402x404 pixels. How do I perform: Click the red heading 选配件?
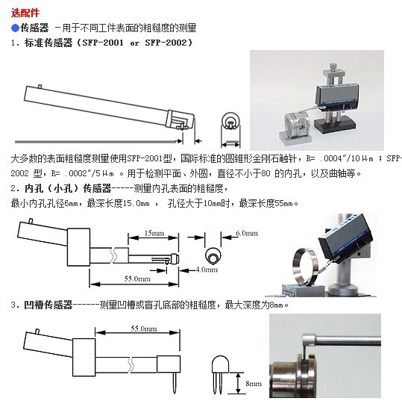click(x=25, y=13)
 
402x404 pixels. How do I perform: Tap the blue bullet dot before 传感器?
click(x=16, y=28)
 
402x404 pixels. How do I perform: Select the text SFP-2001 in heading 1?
click(x=103, y=43)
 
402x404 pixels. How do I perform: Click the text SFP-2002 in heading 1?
click(x=166, y=43)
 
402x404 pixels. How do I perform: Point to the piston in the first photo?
click(x=297, y=124)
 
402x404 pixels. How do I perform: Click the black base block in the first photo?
click(x=335, y=125)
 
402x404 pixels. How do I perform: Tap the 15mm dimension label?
click(x=154, y=233)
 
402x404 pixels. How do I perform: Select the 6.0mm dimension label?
click(x=247, y=233)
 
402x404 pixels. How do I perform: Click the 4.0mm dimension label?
click(x=207, y=270)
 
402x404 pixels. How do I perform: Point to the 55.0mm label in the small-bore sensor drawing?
click(x=137, y=279)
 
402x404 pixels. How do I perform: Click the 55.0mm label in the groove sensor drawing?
click(x=144, y=329)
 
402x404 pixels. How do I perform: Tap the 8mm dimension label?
click(x=254, y=383)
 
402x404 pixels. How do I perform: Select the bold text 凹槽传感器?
click(x=48, y=305)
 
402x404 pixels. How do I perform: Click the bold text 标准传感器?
click(x=48, y=43)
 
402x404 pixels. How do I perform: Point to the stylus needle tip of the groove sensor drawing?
click(x=175, y=393)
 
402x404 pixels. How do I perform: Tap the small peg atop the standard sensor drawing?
click(x=40, y=87)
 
